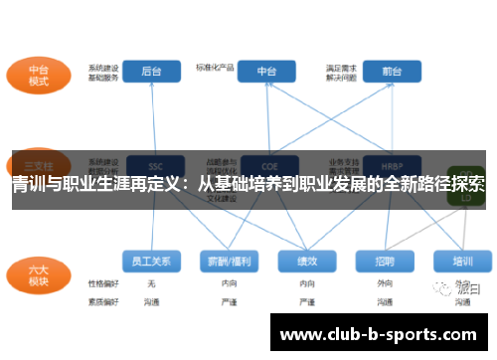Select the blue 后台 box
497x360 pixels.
(152, 73)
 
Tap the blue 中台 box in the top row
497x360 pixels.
(267, 73)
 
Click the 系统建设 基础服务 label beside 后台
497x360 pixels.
(103, 72)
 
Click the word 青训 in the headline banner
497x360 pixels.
(28, 183)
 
